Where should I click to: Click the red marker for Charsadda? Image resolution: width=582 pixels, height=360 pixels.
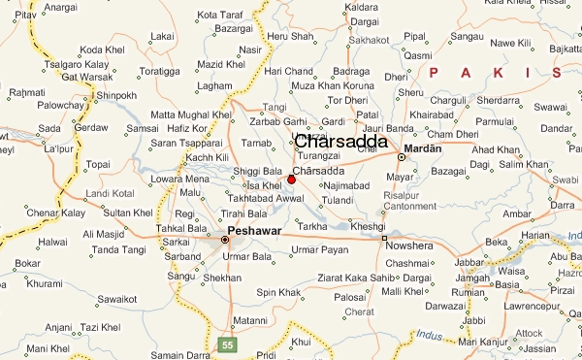tap(292, 179)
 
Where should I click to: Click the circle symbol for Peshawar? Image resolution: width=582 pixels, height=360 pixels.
tap(226, 239)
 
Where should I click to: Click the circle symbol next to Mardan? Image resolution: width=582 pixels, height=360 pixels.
tap(401, 157)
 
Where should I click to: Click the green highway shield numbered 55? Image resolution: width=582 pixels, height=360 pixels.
tap(228, 344)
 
